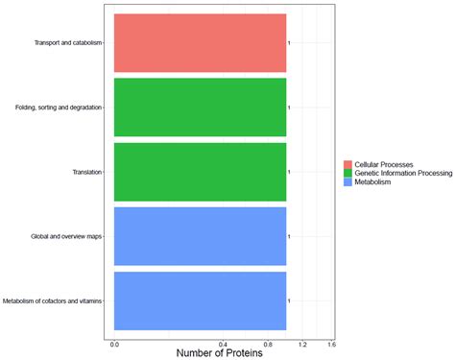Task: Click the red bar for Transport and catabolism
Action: [x=200, y=43]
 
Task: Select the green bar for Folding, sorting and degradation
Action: [x=200, y=108]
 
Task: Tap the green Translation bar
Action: [x=200, y=172]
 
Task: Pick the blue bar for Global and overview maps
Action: [x=200, y=236]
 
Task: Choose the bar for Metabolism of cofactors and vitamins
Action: [x=200, y=300]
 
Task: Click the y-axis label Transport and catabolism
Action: [x=67, y=43]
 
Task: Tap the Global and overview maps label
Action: [x=66, y=236]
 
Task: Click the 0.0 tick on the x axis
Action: [x=114, y=344]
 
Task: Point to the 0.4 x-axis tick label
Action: [x=223, y=344]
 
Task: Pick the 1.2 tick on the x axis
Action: [x=302, y=344]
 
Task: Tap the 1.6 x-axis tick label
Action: [x=331, y=344]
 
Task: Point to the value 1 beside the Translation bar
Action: [x=289, y=172]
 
